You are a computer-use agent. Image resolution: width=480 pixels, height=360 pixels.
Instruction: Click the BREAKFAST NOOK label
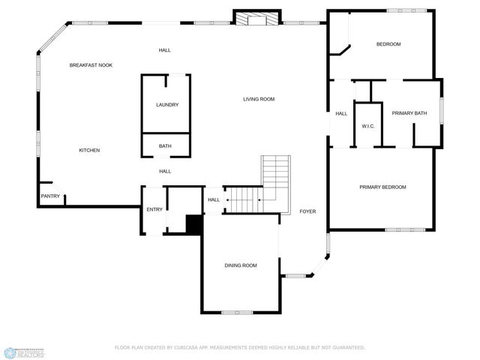(91, 65)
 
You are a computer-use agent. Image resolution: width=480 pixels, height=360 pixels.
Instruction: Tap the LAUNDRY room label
(166, 105)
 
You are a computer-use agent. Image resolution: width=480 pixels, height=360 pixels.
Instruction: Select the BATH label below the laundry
(165, 146)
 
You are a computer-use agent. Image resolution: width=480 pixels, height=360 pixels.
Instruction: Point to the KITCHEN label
(89, 150)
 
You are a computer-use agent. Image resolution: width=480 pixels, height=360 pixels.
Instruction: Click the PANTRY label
(50, 196)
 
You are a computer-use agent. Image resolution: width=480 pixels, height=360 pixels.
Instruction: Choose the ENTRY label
(154, 209)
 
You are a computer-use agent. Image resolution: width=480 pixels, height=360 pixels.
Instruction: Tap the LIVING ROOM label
(259, 99)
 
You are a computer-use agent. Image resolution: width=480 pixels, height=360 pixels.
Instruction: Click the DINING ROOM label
(241, 265)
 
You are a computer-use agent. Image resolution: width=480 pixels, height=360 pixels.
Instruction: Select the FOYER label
(307, 211)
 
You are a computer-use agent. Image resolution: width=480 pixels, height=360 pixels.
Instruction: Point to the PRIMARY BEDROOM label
(382, 187)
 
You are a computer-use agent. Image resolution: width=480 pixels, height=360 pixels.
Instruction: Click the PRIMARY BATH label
(409, 113)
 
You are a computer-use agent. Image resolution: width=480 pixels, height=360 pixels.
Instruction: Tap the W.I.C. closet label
(368, 126)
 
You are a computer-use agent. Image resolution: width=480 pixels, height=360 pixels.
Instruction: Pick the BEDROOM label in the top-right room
(388, 44)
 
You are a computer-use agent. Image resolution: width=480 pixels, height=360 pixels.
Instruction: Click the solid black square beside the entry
(194, 224)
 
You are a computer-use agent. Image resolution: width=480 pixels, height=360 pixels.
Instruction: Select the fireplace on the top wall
(256, 18)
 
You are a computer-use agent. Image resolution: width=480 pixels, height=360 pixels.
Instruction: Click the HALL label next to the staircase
(214, 199)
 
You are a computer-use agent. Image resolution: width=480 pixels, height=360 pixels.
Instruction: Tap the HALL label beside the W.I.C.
(341, 113)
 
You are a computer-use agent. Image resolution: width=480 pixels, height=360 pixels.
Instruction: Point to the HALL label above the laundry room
(164, 50)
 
